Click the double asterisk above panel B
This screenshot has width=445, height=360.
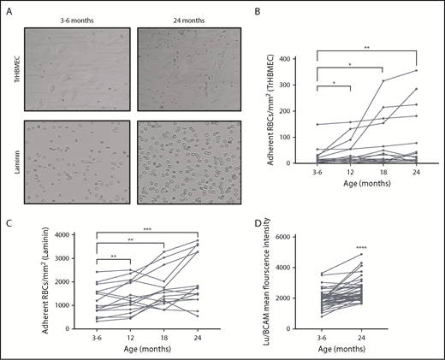click(367, 48)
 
